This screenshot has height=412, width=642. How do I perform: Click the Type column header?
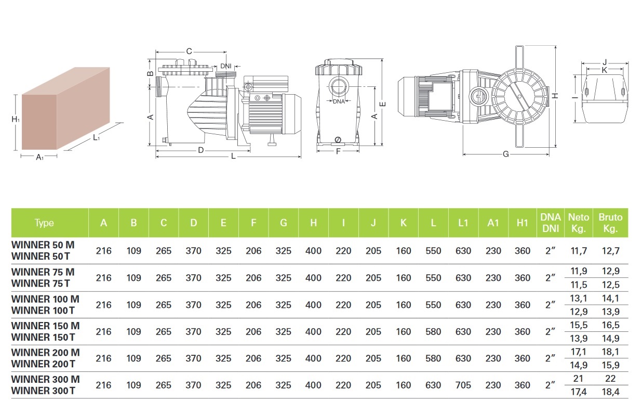click(x=44, y=223)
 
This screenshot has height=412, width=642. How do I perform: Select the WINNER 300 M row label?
click(x=45, y=379)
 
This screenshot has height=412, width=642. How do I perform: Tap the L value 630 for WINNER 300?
click(x=433, y=385)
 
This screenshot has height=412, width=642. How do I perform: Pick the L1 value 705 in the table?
click(x=463, y=385)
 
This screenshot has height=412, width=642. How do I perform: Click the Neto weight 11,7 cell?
click(x=578, y=251)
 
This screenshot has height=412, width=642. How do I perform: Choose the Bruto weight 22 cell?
click(x=609, y=379)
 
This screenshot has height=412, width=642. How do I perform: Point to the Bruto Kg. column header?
click(x=610, y=223)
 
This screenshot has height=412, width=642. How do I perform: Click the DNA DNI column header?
click(x=551, y=223)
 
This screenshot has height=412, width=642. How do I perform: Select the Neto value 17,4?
click(x=578, y=392)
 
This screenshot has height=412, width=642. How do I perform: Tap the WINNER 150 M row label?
click(x=45, y=326)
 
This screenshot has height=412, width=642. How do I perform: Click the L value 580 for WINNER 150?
click(x=433, y=332)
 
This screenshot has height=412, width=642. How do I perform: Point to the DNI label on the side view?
click(x=225, y=66)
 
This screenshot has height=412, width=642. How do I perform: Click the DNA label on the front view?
click(x=339, y=101)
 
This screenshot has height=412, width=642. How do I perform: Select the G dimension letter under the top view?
click(x=505, y=154)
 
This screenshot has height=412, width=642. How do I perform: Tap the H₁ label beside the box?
click(x=16, y=120)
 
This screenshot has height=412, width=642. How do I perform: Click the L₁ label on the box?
click(x=97, y=137)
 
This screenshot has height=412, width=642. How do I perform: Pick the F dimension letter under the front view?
click(x=338, y=152)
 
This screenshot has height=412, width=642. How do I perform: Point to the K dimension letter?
click(x=604, y=69)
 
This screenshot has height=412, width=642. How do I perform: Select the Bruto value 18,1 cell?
click(x=609, y=352)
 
